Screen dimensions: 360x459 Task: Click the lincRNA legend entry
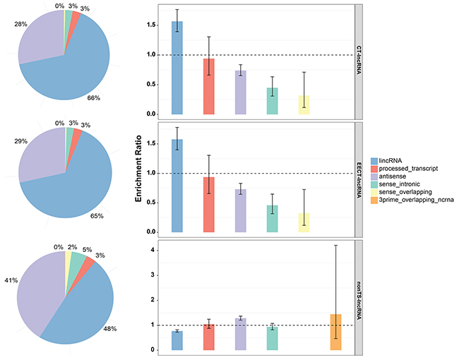394,160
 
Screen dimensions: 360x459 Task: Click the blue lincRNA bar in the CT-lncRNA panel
177,68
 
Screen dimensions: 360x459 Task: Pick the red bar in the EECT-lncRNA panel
208,205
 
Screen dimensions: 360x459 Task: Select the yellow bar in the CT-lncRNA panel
304,104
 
